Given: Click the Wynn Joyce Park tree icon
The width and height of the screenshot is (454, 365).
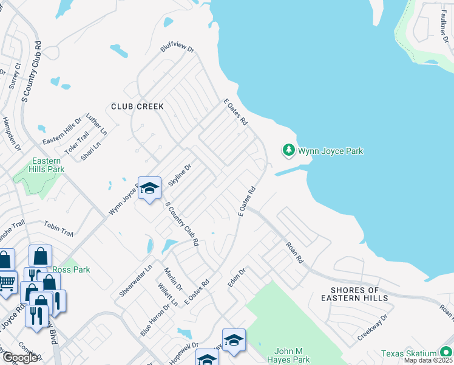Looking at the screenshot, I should click(289, 150).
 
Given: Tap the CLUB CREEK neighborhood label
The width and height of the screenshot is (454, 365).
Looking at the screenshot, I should click(137, 106).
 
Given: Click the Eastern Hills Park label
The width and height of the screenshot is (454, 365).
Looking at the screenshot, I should click(47, 165).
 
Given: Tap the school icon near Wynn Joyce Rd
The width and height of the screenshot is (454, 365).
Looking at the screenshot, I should click(149, 189).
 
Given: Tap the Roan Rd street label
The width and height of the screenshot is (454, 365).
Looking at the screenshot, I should click(295, 251).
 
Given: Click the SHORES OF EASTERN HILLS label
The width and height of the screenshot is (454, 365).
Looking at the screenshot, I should click(355, 294).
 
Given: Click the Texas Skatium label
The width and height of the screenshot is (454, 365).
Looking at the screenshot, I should click(409, 353).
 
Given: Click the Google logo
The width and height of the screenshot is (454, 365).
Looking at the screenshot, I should click(19, 358).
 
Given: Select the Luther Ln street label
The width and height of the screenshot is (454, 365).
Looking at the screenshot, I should click(96, 123).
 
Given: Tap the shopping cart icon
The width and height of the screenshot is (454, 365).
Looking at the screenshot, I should click(6, 283).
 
